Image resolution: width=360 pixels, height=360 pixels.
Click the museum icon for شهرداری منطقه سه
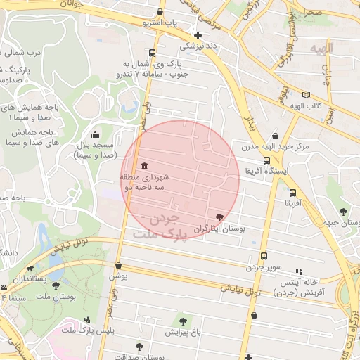[x=144, y=166]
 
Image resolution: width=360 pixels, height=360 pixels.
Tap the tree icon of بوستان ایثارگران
[x=221, y=217]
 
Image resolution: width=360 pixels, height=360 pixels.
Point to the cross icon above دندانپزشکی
[x=198, y=35]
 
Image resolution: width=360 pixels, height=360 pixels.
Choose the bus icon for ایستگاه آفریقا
[x=265, y=161]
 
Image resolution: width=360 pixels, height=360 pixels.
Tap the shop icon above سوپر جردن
[x=264, y=257]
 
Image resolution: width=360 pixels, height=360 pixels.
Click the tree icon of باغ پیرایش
[x=184, y=321]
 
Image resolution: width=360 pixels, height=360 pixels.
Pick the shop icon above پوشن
[x=118, y=266]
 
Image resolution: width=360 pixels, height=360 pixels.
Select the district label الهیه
[x=325, y=47]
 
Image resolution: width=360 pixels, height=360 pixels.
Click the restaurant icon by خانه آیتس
[x=299, y=271]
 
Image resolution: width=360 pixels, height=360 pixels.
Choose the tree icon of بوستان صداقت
[x=139, y=346]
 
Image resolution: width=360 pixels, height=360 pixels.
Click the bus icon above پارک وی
[x=153, y=53]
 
